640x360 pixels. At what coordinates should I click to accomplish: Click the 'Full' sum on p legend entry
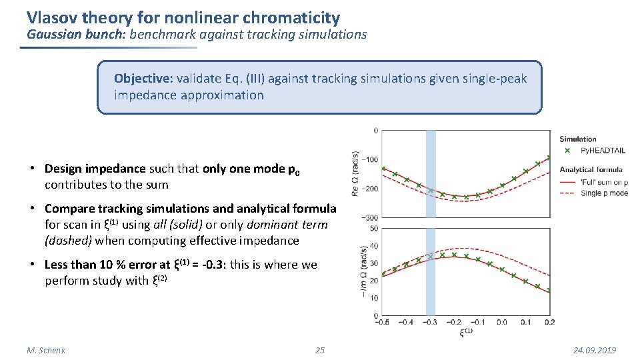pos(603,181)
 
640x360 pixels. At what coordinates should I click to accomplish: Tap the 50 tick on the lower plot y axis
pos(374,229)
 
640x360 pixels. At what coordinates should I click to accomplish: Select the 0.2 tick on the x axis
pos(550,322)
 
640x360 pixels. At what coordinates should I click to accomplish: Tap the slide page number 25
pos(320,350)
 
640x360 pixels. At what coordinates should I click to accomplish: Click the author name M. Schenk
pos(46,350)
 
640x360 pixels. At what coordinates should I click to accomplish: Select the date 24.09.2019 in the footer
pos(595,350)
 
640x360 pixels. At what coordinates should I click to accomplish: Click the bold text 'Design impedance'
pos(93,169)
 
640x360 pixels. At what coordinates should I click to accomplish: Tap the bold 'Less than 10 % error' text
pos(107,265)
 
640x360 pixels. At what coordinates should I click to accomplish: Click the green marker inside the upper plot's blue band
pos(431,191)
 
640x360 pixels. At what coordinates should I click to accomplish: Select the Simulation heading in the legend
pos(578,139)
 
